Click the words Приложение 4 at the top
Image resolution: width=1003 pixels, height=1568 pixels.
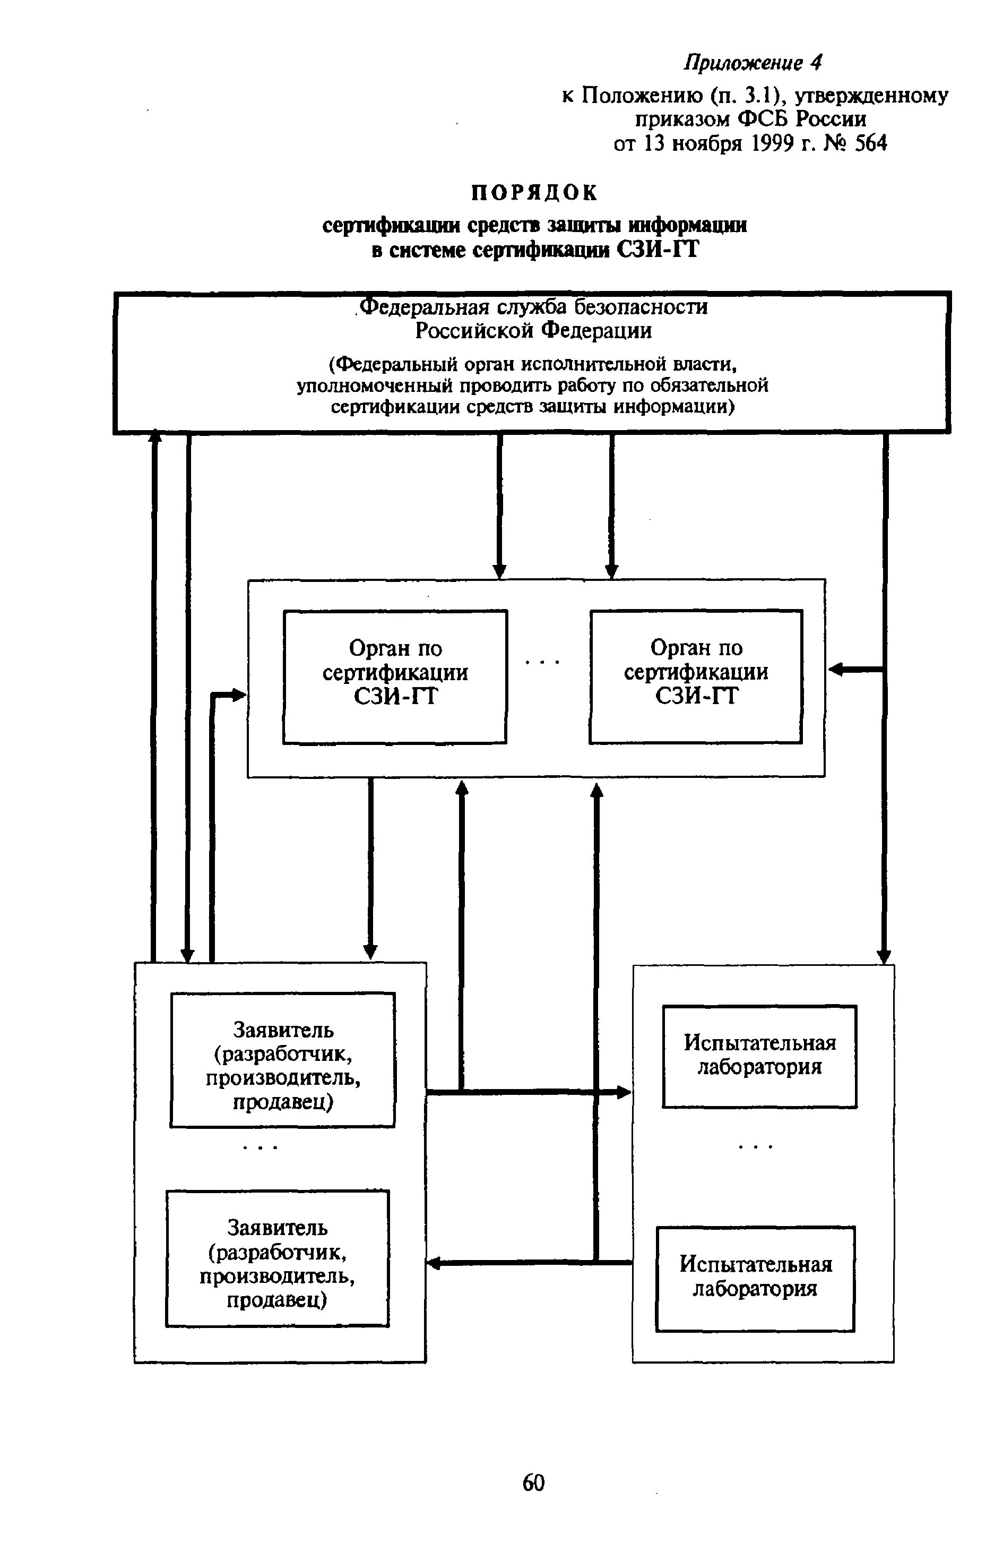coord(753,63)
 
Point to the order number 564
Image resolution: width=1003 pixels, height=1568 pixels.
coord(871,143)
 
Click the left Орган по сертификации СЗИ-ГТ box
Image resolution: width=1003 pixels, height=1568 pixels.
coord(395,676)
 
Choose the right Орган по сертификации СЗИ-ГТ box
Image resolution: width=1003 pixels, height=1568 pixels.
coord(696,676)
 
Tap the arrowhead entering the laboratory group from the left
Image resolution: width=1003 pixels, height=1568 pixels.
coord(625,1093)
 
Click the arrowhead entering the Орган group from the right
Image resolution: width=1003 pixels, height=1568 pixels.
coord(835,669)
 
